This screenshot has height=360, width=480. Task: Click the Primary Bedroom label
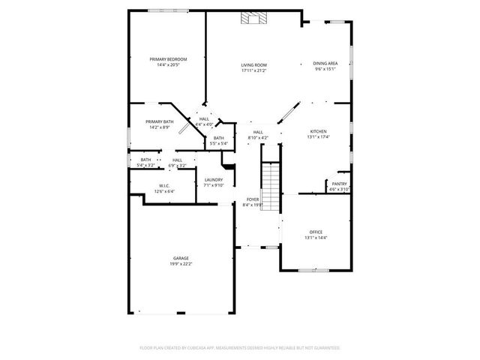[x=167, y=58]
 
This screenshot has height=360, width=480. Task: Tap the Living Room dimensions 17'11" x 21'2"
[x=253, y=70]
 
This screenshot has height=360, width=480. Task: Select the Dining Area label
[x=325, y=63]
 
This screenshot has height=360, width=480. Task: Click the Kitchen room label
[x=318, y=131]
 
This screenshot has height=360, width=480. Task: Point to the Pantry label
[x=339, y=184]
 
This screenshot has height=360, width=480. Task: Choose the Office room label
[x=316, y=232]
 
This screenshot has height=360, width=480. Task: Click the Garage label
[x=181, y=258]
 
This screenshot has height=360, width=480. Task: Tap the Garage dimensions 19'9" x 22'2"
[x=181, y=264]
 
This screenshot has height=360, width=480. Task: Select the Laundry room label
[x=214, y=179]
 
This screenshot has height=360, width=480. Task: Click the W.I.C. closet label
[x=164, y=185]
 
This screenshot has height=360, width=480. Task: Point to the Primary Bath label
[x=159, y=121]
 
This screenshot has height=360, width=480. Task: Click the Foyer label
[x=253, y=199]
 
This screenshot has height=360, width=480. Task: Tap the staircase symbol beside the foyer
[x=269, y=187]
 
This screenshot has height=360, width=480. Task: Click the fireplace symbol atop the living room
[x=249, y=19]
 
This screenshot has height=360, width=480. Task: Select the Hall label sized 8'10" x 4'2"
[x=257, y=132]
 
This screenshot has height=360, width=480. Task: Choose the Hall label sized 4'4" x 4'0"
[x=204, y=118]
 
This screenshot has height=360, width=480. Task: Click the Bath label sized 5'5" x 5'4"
[x=218, y=138]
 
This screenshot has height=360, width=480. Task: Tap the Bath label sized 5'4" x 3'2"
[x=145, y=159]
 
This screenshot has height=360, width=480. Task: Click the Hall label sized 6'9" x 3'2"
[x=178, y=159]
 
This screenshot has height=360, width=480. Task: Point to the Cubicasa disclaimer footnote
[x=240, y=348]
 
